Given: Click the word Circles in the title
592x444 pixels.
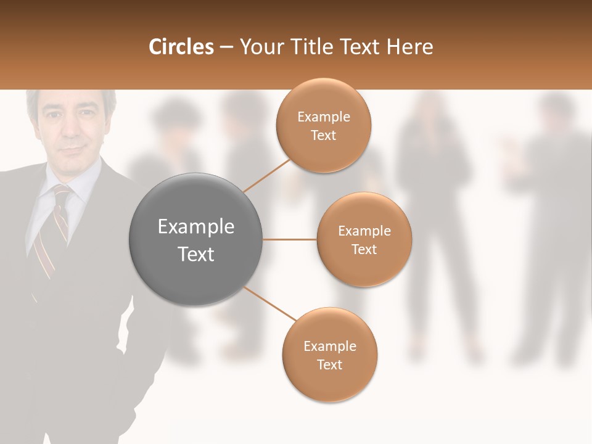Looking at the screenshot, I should click(x=181, y=47).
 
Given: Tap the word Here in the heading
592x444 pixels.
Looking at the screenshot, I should click(x=410, y=47).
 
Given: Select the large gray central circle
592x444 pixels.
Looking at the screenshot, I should click(x=196, y=239).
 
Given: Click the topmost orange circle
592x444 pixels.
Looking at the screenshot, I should click(x=324, y=125).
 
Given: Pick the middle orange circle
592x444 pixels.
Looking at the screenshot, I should click(x=364, y=239).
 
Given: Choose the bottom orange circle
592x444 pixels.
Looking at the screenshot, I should click(x=330, y=355).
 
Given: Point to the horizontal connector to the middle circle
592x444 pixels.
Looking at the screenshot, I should click(x=290, y=239).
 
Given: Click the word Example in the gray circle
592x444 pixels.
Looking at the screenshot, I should click(x=196, y=227).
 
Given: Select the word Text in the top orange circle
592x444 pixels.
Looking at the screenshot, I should click(x=324, y=135).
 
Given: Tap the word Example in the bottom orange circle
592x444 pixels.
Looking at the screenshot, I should click(x=330, y=346).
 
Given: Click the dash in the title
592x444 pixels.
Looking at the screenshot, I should click(x=226, y=47).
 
